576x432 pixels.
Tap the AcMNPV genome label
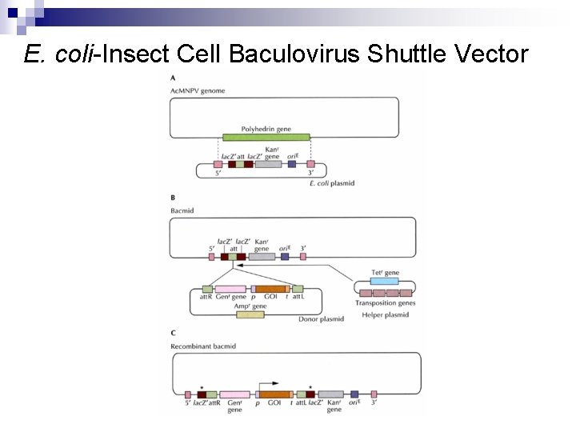(198, 91)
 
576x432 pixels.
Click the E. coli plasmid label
(331, 183)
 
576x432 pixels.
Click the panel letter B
(174, 198)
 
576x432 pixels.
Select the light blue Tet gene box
(385, 282)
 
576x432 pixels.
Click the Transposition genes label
(385, 303)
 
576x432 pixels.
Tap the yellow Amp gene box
(250, 314)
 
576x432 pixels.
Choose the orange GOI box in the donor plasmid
(270, 289)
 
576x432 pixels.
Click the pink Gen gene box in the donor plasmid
(230, 289)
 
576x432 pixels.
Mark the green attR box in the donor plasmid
(207, 289)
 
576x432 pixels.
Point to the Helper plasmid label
(386, 314)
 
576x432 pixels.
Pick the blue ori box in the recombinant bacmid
(354, 394)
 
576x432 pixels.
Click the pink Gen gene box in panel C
(234, 394)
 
